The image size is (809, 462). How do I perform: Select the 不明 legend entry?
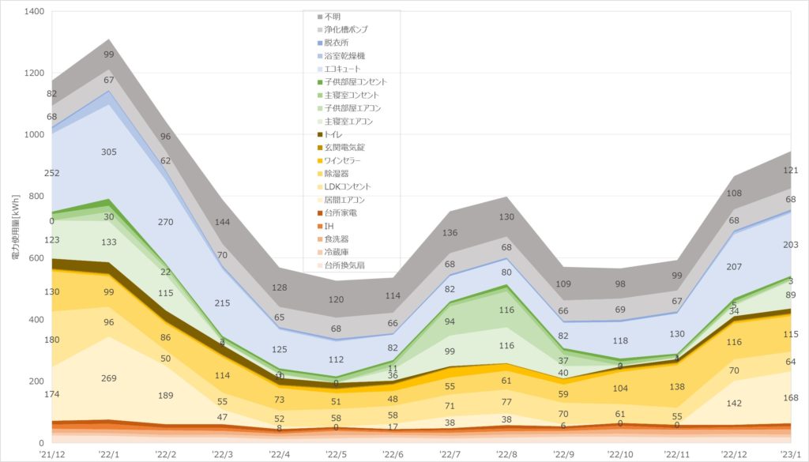pyautogui.click(x=333, y=17)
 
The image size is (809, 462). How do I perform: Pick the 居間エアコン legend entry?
pyautogui.click(x=346, y=200)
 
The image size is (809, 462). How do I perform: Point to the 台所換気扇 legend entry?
pyautogui.click(x=348, y=265)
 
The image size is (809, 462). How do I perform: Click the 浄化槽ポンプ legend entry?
pyautogui.click(x=346, y=29)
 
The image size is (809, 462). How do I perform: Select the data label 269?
pyautogui.click(x=109, y=378)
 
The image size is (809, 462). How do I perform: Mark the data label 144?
pyautogui.click(x=224, y=223)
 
